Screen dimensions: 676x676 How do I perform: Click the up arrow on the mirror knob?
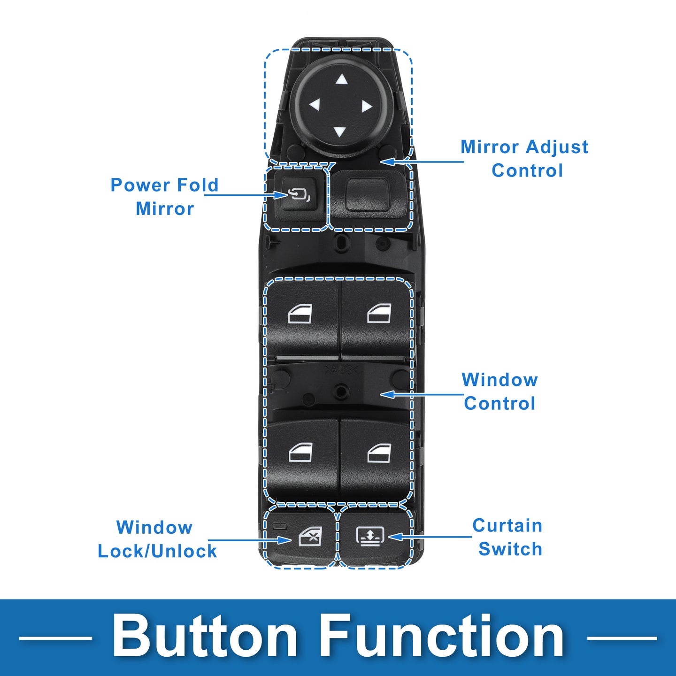point(341,80)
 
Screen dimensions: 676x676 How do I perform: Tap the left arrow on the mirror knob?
point(315,104)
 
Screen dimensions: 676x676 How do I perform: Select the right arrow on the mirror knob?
point(366,106)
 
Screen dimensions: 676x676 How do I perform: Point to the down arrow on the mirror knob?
point(339,132)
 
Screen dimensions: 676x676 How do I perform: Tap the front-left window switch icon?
point(300,313)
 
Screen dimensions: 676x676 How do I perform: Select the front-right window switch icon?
point(379,313)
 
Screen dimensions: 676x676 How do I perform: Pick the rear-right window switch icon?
point(379,453)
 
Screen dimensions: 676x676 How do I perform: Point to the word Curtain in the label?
point(507,525)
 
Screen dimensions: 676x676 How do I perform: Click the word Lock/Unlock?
point(157,551)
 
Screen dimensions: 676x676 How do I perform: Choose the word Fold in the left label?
point(198,185)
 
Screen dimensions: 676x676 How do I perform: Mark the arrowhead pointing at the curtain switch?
point(395,537)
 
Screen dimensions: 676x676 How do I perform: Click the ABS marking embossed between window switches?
point(341,370)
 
